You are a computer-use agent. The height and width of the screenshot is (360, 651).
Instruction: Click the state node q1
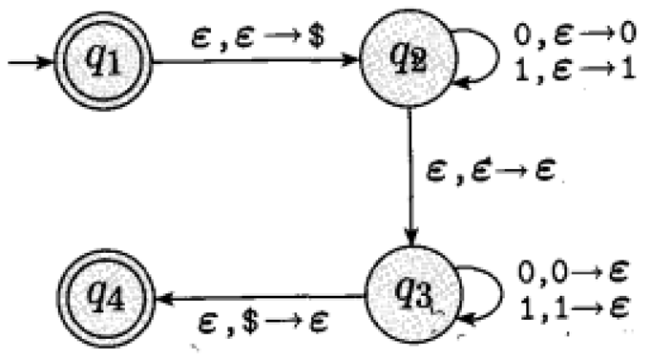click(x=102, y=64)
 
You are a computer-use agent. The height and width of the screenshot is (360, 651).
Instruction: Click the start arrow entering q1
click(x=29, y=64)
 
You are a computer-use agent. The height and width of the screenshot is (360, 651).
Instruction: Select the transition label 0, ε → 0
click(x=569, y=41)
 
